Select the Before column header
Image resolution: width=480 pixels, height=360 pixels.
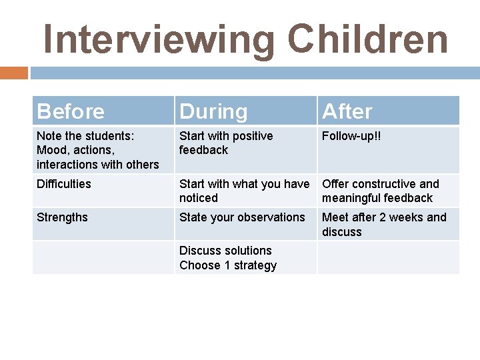(71, 111)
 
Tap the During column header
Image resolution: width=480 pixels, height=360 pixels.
(213, 111)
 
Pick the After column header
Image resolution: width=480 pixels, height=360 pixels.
(347, 111)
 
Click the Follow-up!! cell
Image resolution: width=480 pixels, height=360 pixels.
(351, 136)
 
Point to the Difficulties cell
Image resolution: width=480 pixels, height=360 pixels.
(64, 184)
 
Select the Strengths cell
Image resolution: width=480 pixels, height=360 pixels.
(62, 217)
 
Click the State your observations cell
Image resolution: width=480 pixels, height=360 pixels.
(242, 217)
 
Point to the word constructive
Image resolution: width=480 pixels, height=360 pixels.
(384, 184)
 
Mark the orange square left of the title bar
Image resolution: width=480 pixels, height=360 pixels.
(14, 73)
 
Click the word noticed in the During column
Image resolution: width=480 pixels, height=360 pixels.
(199, 198)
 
